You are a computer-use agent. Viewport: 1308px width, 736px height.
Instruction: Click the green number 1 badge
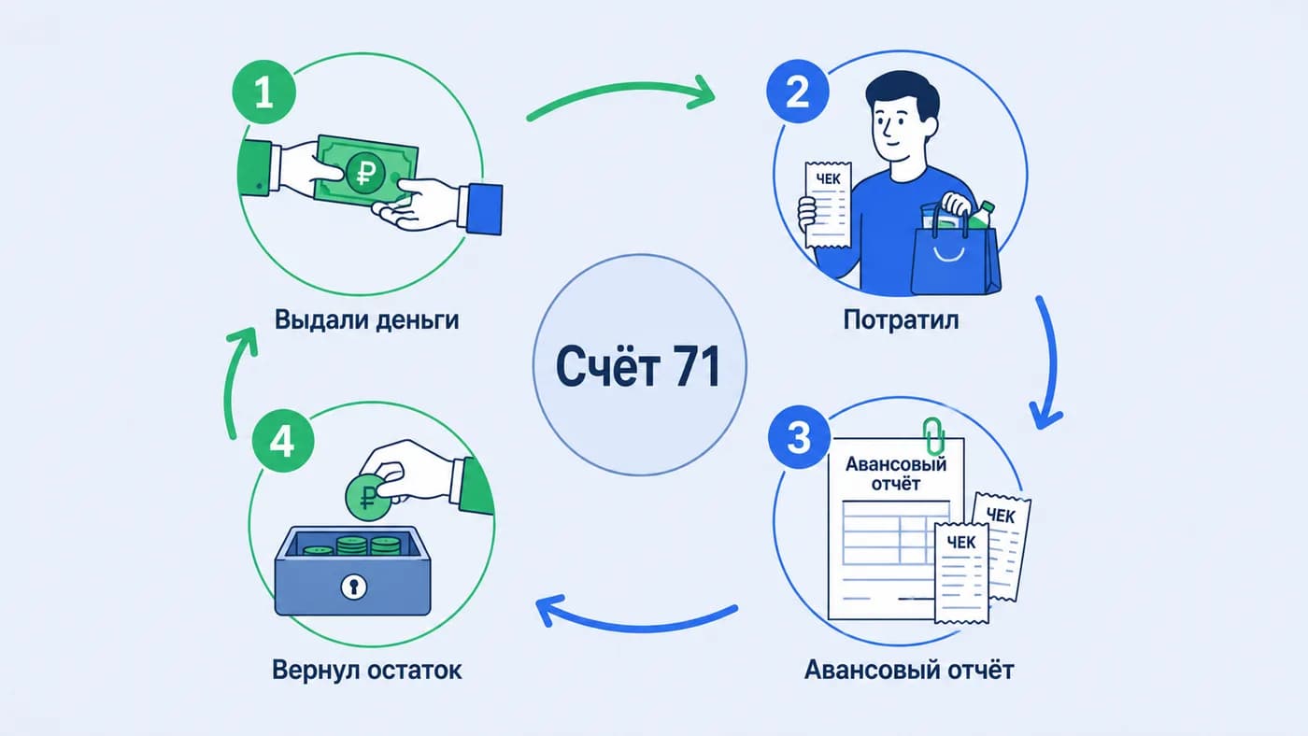pyautogui.click(x=263, y=92)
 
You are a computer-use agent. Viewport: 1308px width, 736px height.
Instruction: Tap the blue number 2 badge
pyautogui.click(x=798, y=91)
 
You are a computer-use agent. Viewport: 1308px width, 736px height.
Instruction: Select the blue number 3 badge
pyautogui.click(x=799, y=437)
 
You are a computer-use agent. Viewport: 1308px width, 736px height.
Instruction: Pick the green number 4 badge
pyautogui.click(x=283, y=441)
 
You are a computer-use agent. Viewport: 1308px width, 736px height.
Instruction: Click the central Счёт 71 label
pyautogui.click(x=638, y=366)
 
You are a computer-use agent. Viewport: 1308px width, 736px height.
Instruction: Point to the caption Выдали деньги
pyautogui.click(x=366, y=319)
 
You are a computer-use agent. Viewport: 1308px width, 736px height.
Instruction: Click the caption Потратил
pyautogui.click(x=901, y=319)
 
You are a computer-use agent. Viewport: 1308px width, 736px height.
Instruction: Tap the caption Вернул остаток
pyautogui.click(x=366, y=670)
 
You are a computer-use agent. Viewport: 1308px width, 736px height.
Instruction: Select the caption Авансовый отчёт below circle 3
pyautogui.click(x=909, y=670)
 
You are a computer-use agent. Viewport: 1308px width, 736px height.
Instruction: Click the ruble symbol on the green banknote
pyautogui.click(x=365, y=173)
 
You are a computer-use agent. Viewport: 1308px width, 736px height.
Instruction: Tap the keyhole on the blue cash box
pyautogui.click(x=353, y=586)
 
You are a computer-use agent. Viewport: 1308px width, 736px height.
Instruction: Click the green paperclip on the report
pyautogui.click(x=933, y=436)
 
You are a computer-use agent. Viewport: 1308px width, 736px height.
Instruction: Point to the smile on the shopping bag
pyautogui.click(x=949, y=253)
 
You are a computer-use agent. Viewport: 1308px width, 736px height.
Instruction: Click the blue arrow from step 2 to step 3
pyautogui.click(x=1052, y=362)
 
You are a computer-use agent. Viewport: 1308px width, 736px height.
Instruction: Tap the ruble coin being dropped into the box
pyautogui.click(x=368, y=497)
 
